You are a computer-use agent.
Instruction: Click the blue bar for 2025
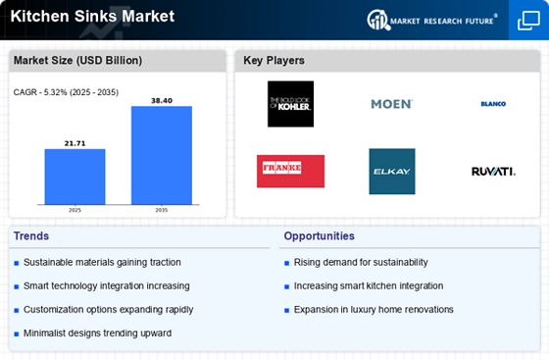tap(75, 177)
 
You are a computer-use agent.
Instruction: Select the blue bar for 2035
tap(162, 155)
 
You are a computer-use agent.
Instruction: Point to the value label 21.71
tap(75, 143)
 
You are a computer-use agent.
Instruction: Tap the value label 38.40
tap(162, 101)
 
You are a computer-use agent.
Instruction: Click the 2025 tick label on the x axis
tap(75, 210)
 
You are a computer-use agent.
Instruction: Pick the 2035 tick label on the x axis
tap(162, 210)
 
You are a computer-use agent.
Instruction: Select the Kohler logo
tap(290, 104)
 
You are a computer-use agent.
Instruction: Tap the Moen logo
tap(392, 104)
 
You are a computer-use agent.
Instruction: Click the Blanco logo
tap(493, 104)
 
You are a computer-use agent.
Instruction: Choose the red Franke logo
tap(290, 172)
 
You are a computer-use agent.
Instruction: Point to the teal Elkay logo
tap(392, 172)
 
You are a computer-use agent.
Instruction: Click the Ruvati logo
tap(493, 172)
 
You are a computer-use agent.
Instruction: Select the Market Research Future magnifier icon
tap(378, 20)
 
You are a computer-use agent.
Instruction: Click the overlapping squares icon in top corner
tap(528, 21)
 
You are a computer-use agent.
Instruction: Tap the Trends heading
tap(31, 236)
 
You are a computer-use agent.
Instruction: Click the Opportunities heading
tap(319, 236)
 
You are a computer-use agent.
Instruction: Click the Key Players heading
tap(274, 60)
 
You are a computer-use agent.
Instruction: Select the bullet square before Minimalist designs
tap(16, 334)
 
